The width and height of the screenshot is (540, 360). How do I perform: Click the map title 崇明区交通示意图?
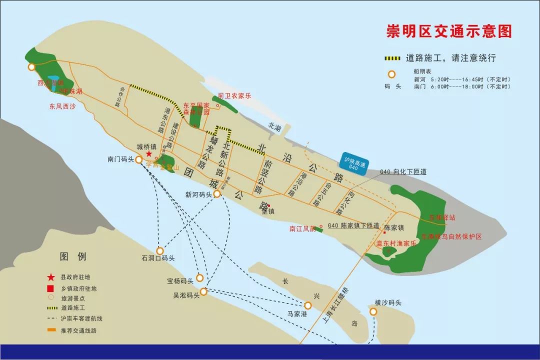[x=449, y=31]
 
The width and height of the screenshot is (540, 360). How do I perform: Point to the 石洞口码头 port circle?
[x=160, y=250]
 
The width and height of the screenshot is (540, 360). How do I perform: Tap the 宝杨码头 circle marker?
[x=200, y=278]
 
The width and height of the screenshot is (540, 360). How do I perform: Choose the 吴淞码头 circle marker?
[x=204, y=292]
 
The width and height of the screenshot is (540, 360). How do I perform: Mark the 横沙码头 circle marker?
[x=373, y=311]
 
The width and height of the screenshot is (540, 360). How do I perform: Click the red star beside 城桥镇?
[x=149, y=154]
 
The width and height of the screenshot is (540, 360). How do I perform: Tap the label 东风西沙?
[x=62, y=106]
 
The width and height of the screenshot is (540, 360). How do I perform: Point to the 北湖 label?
[x=274, y=127]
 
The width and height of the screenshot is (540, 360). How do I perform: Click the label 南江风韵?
[x=302, y=228]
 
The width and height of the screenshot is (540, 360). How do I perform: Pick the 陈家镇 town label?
[x=393, y=228]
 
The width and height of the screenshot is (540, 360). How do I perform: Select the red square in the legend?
[x=50, y=288]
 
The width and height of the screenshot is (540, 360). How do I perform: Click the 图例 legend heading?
[x=73, y=256]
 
